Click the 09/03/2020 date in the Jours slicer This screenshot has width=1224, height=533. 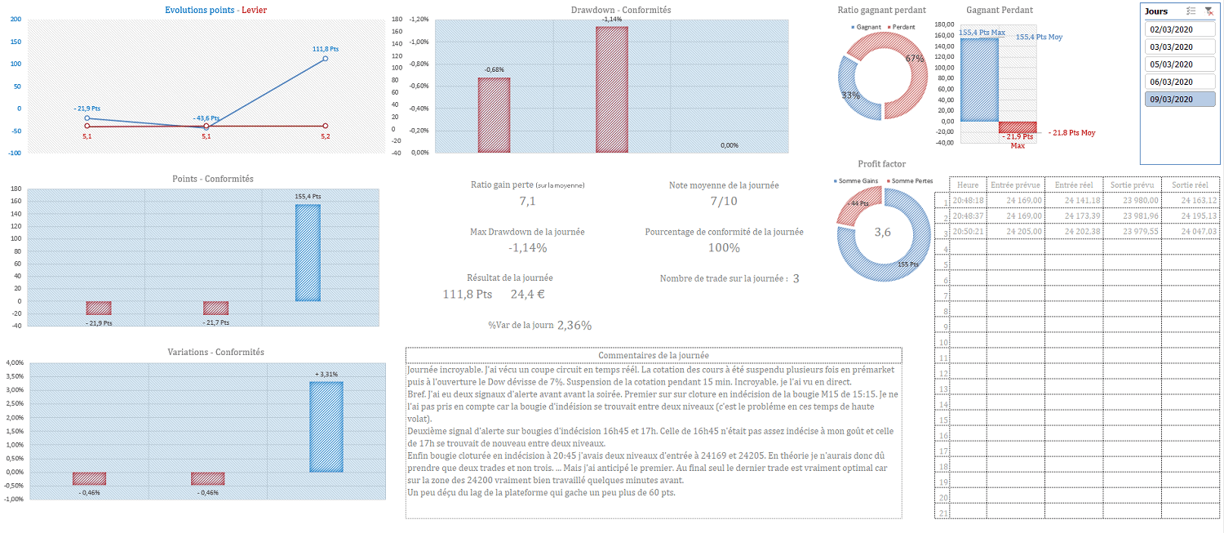click(x=1171, y=100)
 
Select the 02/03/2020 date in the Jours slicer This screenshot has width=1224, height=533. click(x=1171, y=29)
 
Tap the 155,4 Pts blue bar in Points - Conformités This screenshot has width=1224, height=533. click(x=308, y=252)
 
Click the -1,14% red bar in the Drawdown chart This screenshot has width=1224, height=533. click(x=612, y=90)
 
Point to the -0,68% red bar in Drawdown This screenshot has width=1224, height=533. click(x=494, y=115)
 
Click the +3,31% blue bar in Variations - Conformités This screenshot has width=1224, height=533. click(x=326, y=426)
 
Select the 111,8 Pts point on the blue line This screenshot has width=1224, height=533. click(x=325, y=59)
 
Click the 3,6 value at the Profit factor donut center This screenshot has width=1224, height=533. click(x=883, y=233)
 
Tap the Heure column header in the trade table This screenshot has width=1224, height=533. click(x=969, y=185)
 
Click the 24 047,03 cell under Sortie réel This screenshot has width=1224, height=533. click(x=1191, y=232)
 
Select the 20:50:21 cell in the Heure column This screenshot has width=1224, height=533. click(x=969, y=232)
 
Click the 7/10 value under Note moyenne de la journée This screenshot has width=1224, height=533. click(x=723, y=202)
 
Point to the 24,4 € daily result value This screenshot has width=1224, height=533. click(x=527, y=294)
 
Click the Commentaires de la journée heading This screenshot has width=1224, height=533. click(x=654, y=355)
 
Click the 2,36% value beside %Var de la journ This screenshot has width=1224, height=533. click(x=574, y=325)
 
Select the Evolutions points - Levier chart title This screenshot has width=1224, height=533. click(x=215, y=10)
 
